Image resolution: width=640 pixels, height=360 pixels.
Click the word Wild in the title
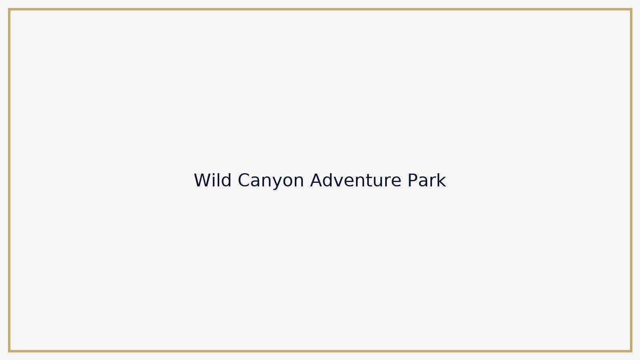click(212, 180)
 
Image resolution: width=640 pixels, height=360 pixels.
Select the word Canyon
click(271, 180)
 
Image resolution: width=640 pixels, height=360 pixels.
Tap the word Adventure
click(356, 180)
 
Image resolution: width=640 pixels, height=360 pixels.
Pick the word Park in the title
click(426, 180)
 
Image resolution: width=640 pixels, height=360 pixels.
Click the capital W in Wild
click(202, 180)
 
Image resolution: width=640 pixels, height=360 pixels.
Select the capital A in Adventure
click(316, 180)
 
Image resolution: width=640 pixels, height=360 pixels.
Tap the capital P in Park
click(412, 180)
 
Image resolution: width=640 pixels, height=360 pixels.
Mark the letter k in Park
click(442, 180)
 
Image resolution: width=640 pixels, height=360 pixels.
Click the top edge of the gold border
click(320, 9)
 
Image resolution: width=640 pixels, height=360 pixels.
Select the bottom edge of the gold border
click(320, 351)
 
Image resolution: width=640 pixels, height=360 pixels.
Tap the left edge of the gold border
click(9, 180)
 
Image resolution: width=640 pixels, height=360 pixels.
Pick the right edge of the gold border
click(631, 180)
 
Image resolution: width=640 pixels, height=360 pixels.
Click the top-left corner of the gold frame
click(9, 9)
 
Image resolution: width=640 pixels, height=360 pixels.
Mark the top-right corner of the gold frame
click(631, 9)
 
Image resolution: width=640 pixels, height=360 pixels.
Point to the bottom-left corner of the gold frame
click(9, 351)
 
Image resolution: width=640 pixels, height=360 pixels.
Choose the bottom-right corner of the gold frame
click(631, 351)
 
